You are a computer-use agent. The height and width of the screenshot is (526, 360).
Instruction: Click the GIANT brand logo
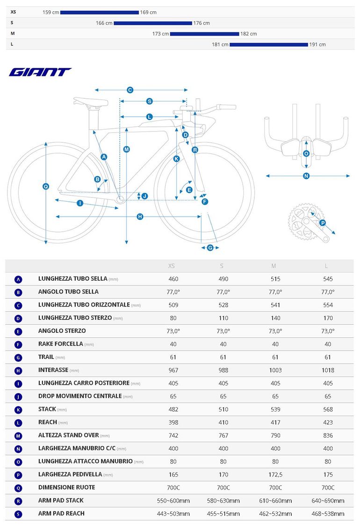coord(40,72)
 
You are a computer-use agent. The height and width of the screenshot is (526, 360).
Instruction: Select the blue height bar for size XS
coord(100,13)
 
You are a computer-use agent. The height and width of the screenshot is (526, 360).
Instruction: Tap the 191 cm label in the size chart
coord(317,44)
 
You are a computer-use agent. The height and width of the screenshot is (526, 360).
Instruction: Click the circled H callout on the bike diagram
coord(140,217)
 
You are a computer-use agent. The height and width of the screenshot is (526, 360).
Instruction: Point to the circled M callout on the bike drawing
coord(126,149)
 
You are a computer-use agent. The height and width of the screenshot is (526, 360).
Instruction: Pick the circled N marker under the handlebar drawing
coord(306,176)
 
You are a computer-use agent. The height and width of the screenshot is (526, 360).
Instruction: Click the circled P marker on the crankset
coord(323,223)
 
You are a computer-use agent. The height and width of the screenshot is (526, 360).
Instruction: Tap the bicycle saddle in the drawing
coord(91,101)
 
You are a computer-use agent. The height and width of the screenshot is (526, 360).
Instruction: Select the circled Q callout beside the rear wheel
coord(46,187)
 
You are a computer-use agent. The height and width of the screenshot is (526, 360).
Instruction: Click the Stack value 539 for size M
coord(275,409)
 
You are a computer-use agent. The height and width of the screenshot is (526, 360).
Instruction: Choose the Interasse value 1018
coord(328,370)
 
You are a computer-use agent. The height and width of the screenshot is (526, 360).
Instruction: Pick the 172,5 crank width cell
coord(275,475)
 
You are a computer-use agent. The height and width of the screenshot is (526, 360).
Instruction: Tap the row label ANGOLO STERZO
coord(62,331)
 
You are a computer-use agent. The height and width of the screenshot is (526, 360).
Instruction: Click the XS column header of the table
coord(171,266)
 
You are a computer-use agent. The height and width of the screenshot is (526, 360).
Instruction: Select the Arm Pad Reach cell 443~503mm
coord(173,513)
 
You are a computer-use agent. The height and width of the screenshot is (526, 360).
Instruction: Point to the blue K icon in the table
coord(18,410)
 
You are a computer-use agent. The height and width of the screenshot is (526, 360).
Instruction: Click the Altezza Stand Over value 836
coord(328,435)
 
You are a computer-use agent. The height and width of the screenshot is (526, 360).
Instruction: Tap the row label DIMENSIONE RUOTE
coord(67,488)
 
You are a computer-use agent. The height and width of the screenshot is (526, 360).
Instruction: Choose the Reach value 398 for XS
coord(173,422)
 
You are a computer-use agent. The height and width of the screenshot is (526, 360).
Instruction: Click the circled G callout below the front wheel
coord(210,248)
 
